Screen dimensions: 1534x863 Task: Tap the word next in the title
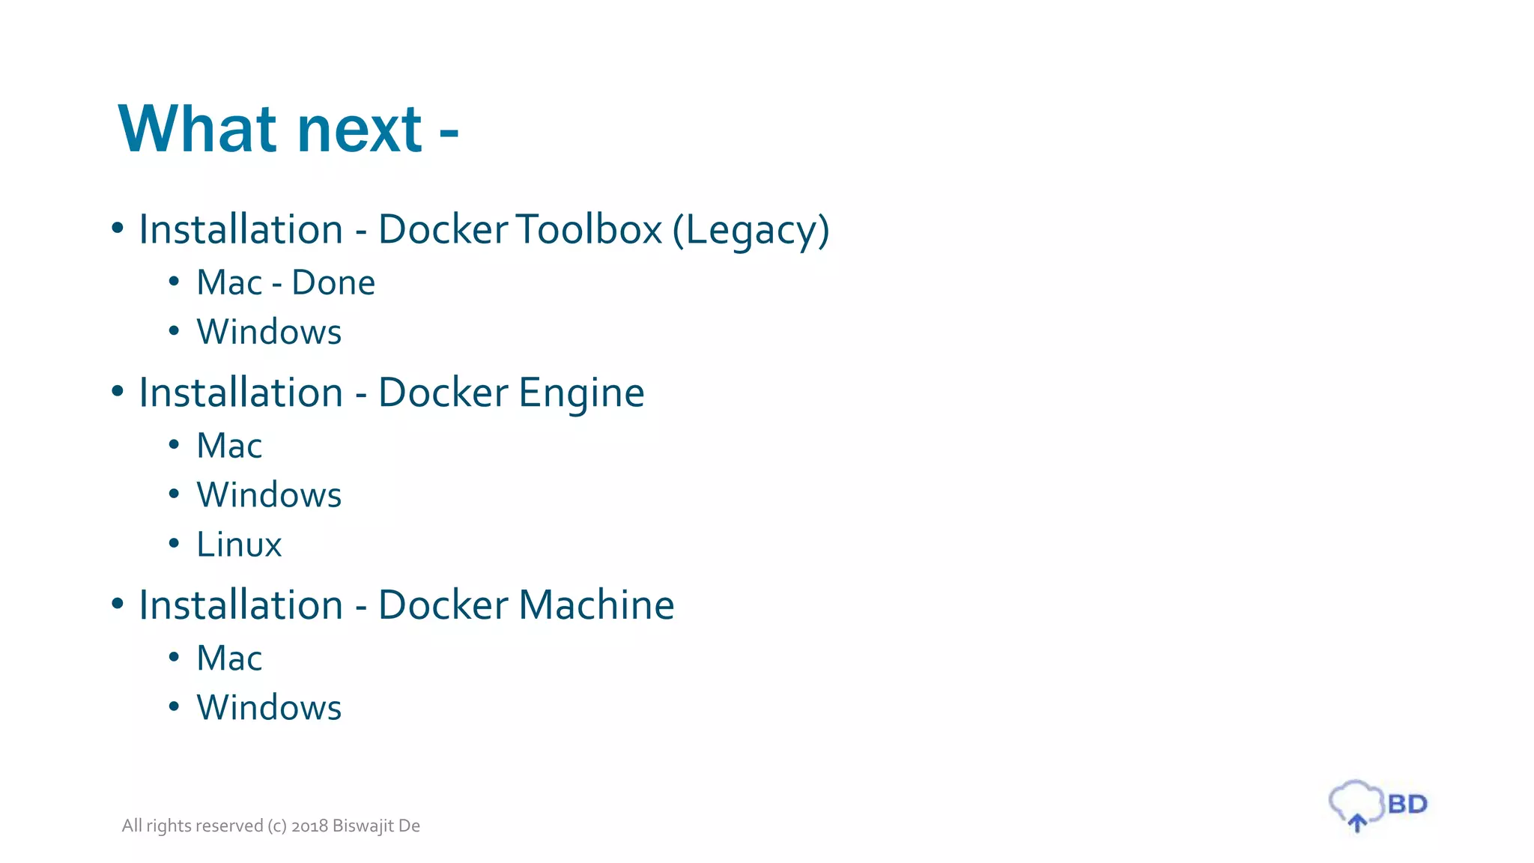point(360,131)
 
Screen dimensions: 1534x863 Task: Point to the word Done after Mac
point(333,283)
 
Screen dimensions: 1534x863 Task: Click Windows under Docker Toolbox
point(269,332)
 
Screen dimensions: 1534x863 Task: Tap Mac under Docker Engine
point(229,446)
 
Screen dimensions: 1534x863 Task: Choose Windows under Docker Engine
point(269,495)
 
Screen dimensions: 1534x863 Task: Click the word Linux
point(239,545)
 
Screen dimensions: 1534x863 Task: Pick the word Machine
point(596,605)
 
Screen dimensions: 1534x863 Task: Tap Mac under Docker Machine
point(229,658)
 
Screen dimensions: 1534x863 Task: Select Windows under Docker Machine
point(269,708)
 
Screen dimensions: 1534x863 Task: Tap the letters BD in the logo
point(1407,805)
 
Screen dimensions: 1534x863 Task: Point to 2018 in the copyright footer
point(309,826)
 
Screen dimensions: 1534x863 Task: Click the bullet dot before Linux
point(174,543)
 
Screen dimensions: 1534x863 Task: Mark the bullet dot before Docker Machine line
point(117,604)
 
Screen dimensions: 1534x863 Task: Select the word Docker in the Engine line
point(443,393)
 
